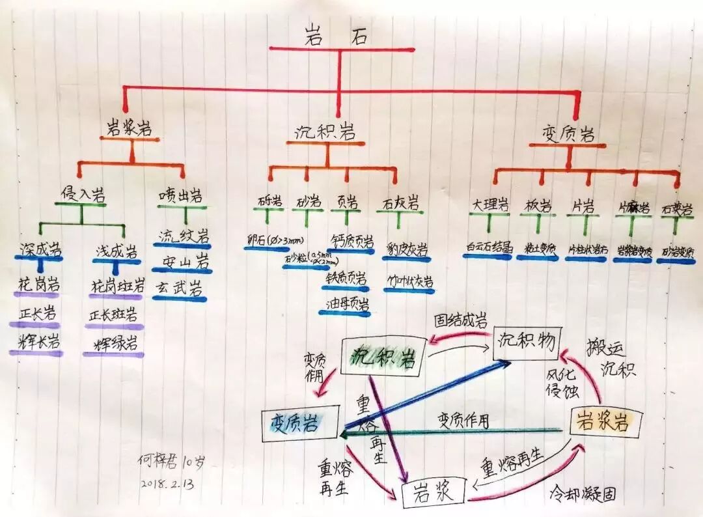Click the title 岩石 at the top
337,36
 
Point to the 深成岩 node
40,249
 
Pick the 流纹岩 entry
184,236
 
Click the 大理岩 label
488,205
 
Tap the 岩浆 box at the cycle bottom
433,492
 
